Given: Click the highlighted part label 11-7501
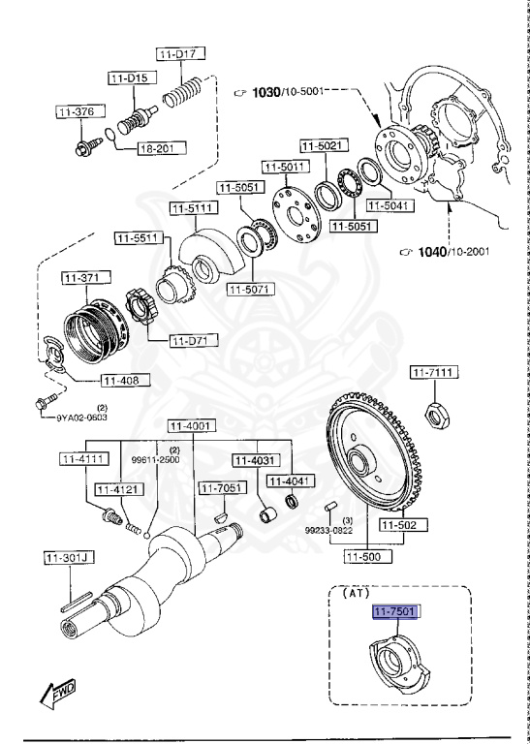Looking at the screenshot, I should pyautogui.click(x=396, y=611).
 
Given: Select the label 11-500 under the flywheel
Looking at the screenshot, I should pyautogui.click(x=366, y=557).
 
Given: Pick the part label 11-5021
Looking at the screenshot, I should pyautogui.click(x=321, y=146).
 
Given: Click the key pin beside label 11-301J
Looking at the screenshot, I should pyautogui.click(x=76, y=604).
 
